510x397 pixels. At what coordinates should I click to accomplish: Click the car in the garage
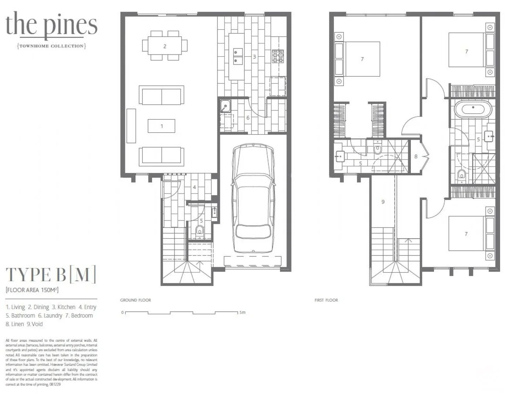pos(253,198)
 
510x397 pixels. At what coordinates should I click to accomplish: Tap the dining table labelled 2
pos(164,46)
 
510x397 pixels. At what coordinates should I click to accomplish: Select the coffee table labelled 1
pos(162,126)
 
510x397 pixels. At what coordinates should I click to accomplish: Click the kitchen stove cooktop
pos(278,56)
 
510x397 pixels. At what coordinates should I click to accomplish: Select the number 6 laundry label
pos(248,118)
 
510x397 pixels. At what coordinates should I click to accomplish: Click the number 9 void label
pos(383,201)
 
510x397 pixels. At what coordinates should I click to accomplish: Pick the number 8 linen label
pos(416,156)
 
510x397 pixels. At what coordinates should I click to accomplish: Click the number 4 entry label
pos(194,187)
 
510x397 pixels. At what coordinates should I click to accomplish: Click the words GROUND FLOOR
pos(135,300)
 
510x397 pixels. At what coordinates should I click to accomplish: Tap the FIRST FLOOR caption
pos(326,300)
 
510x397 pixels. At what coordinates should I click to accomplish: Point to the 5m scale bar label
pos(242,312)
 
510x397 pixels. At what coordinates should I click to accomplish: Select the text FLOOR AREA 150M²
pos(32,290)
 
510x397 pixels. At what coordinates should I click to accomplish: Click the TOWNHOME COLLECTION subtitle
pos(51,46)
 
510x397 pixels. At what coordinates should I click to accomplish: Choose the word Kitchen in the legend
pos(66,307)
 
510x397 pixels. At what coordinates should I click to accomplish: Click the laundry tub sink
pos(225,106)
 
